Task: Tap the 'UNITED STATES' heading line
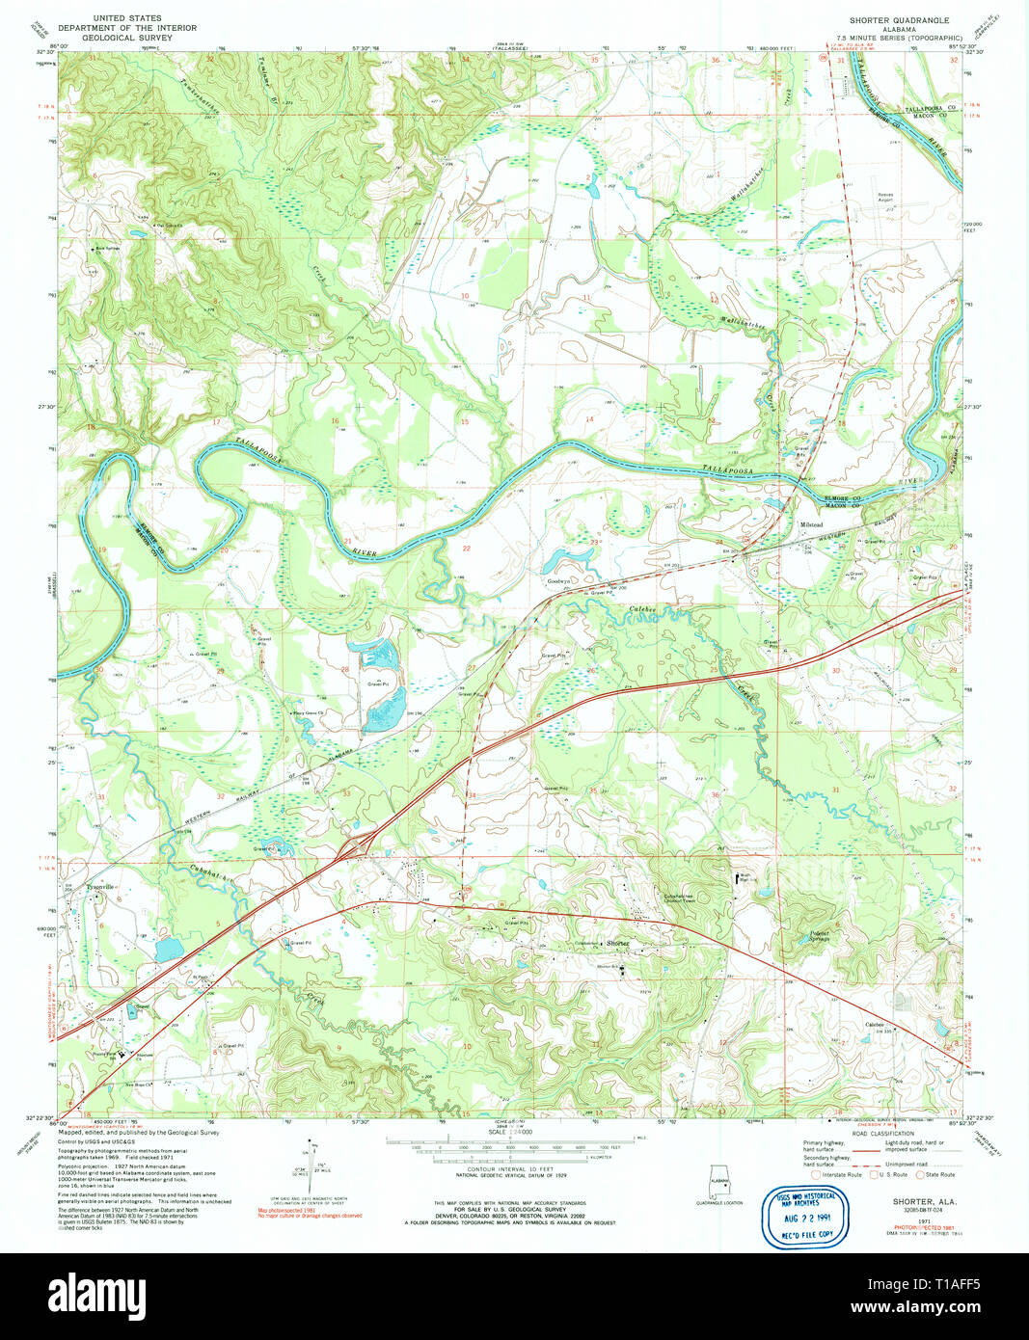(126, 18)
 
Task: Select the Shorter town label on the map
(617, 943)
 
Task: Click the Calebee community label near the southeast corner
(875, 1024)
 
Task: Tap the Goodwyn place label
(559, 581)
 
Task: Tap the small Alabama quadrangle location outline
(719, 1182)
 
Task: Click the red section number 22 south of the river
(466, 548)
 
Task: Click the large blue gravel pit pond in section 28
(385, 713)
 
